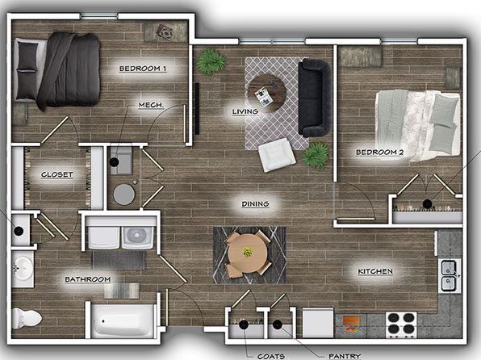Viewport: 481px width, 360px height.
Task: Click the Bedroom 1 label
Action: point(143,69)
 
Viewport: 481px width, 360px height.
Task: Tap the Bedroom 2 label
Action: point(380,153)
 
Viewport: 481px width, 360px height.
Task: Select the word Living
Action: point(245,111)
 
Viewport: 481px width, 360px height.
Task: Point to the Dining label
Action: point(256,204)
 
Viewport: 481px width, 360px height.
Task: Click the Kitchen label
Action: point(375,271)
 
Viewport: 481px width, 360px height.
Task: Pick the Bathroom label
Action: point(88,279)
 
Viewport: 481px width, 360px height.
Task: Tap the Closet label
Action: point(57,174)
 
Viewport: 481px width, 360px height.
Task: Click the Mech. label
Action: point(151,105)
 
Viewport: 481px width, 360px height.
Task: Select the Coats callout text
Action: point(271,356)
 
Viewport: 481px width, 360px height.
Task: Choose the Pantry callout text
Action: point(345,356)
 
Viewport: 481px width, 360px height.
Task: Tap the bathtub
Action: point(123,320)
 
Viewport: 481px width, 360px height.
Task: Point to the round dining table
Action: point(248,254)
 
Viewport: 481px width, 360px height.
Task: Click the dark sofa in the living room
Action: point(315,98)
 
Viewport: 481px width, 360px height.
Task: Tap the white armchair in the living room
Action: point(277,155)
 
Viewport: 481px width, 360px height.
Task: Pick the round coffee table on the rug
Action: point(267,92)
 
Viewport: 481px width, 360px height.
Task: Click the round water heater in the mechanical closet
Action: point(124,195)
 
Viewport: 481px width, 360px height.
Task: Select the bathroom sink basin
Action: point(23,269)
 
